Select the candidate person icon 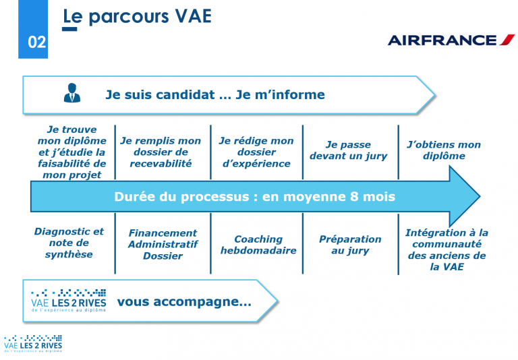click(71, 93)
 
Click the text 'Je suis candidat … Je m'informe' click(214, 94)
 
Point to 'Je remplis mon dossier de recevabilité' click(161, 152)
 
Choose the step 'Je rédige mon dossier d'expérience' click(256, 152)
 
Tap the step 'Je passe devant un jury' click(349, 150)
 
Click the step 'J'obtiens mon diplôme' click(444, 150)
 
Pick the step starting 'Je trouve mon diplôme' click(71, 152)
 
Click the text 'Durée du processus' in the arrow click(254, 197)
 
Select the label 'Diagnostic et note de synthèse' click(69, 243)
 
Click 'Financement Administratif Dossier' click(163, 244)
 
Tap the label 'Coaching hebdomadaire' click(258, 245)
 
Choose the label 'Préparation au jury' click(349, 245)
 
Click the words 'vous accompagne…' click(183, 302)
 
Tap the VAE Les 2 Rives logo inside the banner click(68, 300)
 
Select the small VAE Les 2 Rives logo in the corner click(32, 344)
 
